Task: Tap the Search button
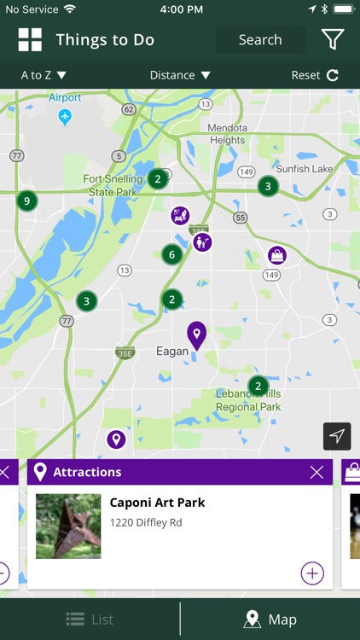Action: coord(260,39)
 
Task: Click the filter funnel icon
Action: coord(332,39)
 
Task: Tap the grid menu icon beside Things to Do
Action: coord(30,39)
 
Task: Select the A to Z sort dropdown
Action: coord(44,75)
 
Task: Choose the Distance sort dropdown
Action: coord(180,75)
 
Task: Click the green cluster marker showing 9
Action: coord(27,201)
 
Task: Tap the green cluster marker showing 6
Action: coord(172,254)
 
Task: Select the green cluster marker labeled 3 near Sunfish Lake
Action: coord(268,186)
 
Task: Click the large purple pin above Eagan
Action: coord(197,335)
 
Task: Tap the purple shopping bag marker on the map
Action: coord(276,255)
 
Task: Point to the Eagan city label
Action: coord(172,351)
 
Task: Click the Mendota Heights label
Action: coord(227,134)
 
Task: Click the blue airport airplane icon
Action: coord(66,117)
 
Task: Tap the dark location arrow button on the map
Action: coord(337,436)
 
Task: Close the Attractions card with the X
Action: coord(316,472)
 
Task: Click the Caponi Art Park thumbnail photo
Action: coord(68,526)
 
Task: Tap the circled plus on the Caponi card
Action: coord(312,573)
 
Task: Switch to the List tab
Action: coord(90,620)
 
